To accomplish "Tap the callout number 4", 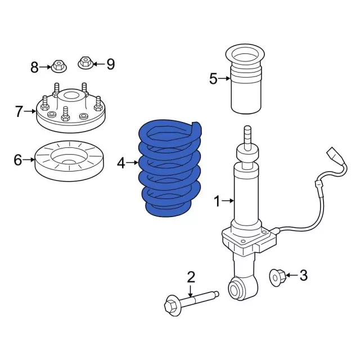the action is (121, 163).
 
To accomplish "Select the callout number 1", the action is (217, 201).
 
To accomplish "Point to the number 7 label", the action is (19, 111).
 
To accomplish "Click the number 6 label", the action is (17, 160).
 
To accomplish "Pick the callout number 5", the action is (213, 79).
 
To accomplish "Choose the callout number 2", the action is (191, 277).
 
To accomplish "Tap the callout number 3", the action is (304, 275).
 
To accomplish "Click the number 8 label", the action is (34, 67).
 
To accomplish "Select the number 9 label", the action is (111, 64).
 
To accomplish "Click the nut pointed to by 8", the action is (59, 66).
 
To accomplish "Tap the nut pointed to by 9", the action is (85, 62).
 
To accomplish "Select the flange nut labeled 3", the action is (277, 278).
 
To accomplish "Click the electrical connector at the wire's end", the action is (334, 156).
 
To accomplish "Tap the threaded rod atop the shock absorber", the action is (247, 137).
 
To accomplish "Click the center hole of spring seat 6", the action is (69, 163).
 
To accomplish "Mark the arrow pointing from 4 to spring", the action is (132, 163).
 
